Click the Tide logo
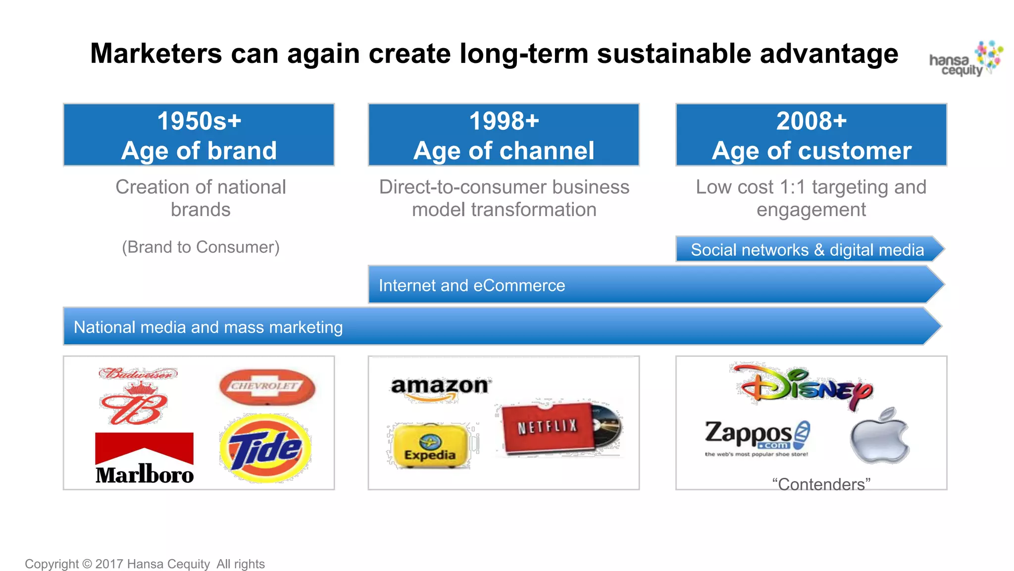pyautogui.click(x=266, y=448)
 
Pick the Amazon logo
pyautogui.click(x=440, y=387)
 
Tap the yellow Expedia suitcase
pyautogui.click(x=430, y=446)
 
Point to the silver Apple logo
pyautogui.click(x=879, y=437)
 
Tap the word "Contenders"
pyautogui.click(x=821, y=484)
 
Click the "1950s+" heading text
pyautogui.click(x=199, y=121)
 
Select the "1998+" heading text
pyautogui.click(x=504, y=121)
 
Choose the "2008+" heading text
pyautogui.click(x=811, y=121)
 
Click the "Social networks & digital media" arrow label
pyautogui.click(x=807, y=250)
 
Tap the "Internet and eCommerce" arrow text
pyautogui.click(x=471, y=285)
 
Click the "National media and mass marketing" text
pyautogui.click(x=208, y=327)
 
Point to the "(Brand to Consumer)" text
pyautogui.click(x=201, y=247)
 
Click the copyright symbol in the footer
pyautogui.click(x=87, y=564)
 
